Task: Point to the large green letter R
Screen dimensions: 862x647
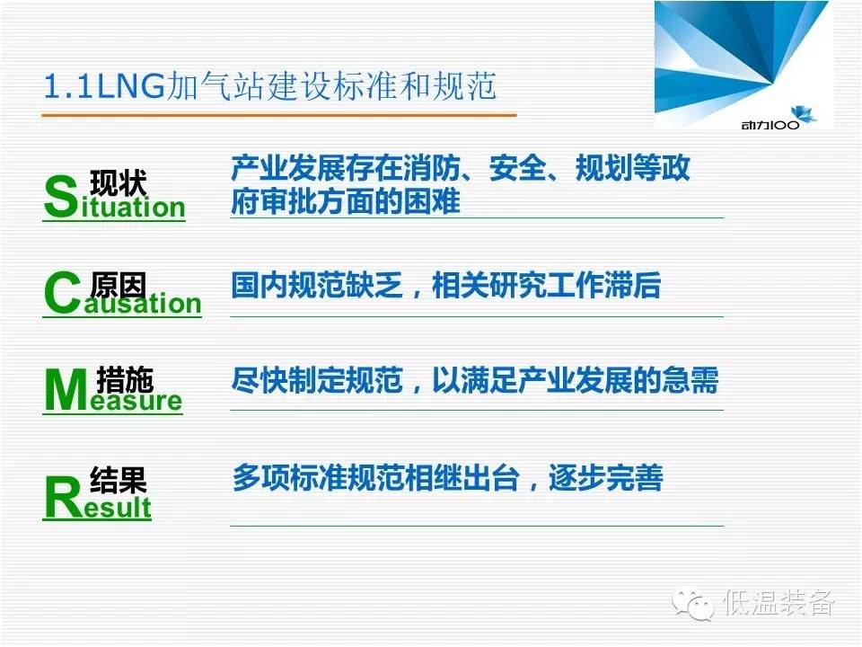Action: tap(64, 497)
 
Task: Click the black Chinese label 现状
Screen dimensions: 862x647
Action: tap(119, 182)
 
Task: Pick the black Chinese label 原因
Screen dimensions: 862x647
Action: tap(119, 285)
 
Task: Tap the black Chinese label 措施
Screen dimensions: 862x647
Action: tap(125, 379)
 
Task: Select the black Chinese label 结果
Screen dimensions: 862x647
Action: tap(119, 480)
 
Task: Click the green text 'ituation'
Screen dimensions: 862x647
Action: tap(133, 207)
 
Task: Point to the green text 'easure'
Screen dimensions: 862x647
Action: tap(136, 401)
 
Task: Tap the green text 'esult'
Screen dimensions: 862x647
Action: tap(118, 506)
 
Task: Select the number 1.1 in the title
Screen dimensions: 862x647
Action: tap(68, 87)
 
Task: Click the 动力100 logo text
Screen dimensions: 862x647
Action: tap(770, 125)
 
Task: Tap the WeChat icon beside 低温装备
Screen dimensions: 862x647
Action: tap(693, 604)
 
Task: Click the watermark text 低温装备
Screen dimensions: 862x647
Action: tap(778, 603)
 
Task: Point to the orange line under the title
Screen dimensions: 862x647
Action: tap(279, 116)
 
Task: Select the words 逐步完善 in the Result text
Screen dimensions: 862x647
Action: tap(605, 477)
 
